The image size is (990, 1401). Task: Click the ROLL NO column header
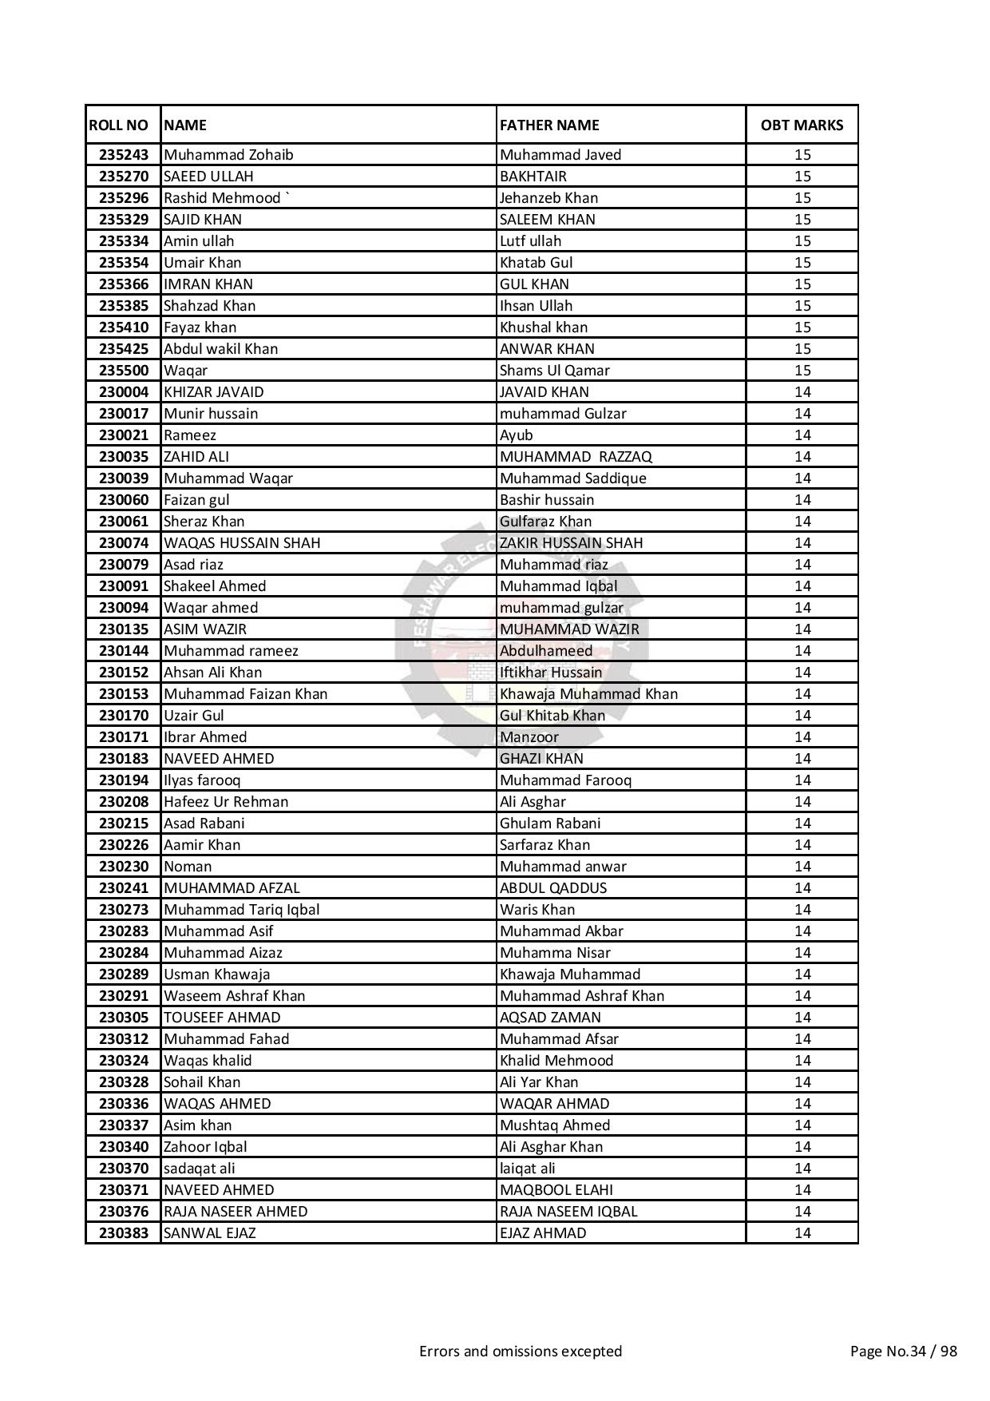click(x=119, y=125)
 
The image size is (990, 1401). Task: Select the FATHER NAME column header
click(x=549, y=125)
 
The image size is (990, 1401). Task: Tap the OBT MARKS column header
click(x=802, y=125)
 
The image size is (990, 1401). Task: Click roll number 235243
click(x=124, y=155)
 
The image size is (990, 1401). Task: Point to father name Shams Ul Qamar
click(x=554, y=371)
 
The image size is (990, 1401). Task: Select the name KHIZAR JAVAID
click(x=213, y=392)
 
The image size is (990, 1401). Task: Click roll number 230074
click(x=124, y=543)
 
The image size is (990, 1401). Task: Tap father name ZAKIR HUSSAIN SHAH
click(x=571, y=543)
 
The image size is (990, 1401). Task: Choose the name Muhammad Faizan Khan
click(x=245, y=694)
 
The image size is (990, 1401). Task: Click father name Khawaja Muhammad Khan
click(x=588, y=694)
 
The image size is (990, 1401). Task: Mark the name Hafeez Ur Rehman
click(x=226, y=802)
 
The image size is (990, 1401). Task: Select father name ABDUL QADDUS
click(x=553, y=888)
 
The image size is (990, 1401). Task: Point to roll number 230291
click(x=124, y=996)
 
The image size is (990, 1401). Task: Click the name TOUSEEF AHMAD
click(x=222, y=1018)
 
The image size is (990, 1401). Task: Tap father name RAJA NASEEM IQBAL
click(x=568, y=1212)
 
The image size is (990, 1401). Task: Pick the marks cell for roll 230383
click(x=802, y=1233)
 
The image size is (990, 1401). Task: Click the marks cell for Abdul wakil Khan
click(x=802, y=349)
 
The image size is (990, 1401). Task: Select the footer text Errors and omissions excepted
click(x=521, y=1351)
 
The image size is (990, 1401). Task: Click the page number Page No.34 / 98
click(x=903, y=1351)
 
